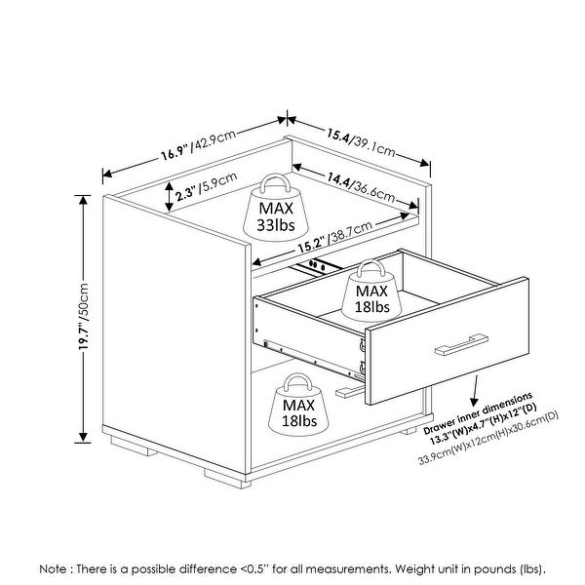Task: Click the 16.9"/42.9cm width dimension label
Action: click(x=199, y=144)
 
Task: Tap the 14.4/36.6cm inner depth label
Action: click(x=361, y=186)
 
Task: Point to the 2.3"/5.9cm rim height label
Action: click(x=207, y=186)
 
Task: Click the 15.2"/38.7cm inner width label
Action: click(x=334, y=237)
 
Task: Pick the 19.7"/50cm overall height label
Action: click(x=83, y=316)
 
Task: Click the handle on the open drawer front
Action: click(x=461, y=345)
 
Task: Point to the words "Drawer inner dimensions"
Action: click(x=478, y=413)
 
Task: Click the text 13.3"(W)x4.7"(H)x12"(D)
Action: click(x=484, y=424)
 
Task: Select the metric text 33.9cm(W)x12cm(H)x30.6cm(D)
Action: click(x=488, y=438)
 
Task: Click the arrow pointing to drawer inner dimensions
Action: click(x=475, y=391)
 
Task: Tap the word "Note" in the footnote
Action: click(x=54, y=569)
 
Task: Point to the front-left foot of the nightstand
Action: click(x=227, y=479)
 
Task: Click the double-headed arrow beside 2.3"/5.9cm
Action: click(x=170, y=197)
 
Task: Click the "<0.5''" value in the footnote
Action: click(x=253, y=569)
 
